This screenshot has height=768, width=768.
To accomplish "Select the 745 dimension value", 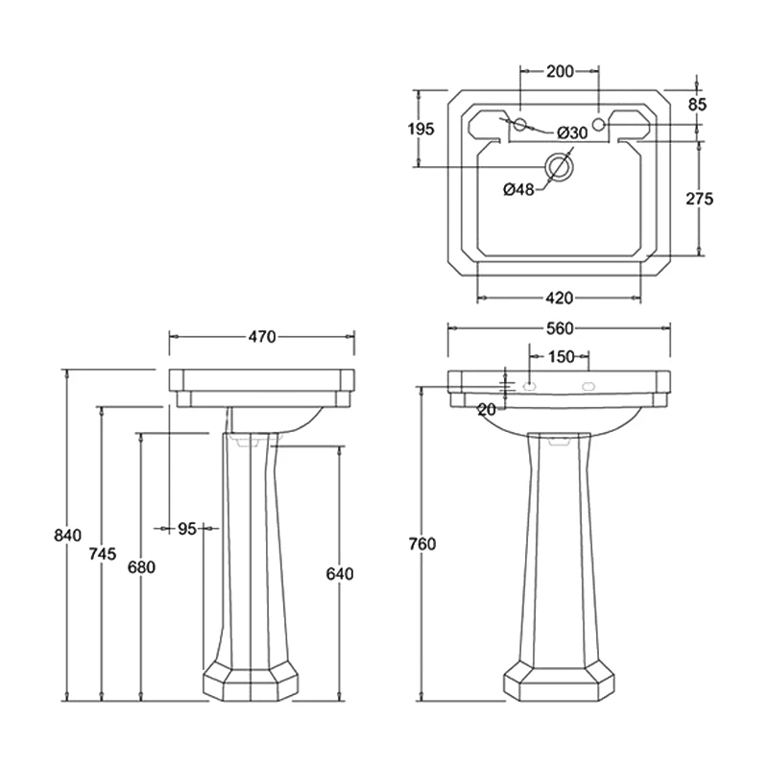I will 103,553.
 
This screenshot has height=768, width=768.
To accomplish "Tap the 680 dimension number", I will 141,566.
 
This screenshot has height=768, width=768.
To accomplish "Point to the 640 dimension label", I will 340,574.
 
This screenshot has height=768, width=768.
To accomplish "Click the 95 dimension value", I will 186,528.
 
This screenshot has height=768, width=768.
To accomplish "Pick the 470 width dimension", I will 262,336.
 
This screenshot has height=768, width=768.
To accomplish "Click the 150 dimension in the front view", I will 561,356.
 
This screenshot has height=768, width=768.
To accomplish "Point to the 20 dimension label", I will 487,409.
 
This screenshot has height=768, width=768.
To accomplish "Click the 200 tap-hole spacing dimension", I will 559,70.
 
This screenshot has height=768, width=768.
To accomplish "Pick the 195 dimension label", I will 420,129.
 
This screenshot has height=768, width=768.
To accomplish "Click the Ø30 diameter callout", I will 571,132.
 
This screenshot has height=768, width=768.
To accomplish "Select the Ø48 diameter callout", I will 518,189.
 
